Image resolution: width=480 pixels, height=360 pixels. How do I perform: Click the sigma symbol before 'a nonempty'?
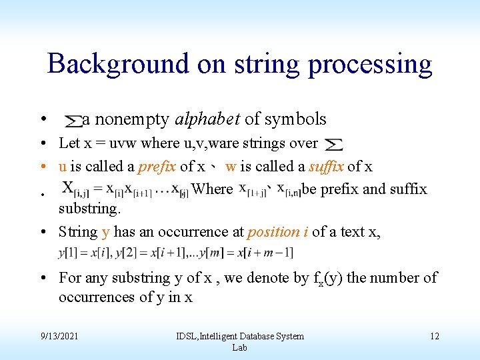[x=73, y=121]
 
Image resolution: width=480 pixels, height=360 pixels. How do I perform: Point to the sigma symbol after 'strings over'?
[x=333, y=144]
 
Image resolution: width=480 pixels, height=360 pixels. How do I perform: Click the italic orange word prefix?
[x=158, y=166]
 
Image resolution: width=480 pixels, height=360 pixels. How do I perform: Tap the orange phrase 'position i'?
[x=277, y=232]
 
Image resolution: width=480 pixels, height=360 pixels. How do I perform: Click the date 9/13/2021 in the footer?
[x=59, y=336]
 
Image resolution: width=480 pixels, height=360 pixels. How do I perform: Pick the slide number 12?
[x=434, y=336]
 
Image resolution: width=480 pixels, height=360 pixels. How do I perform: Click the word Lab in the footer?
[x=239, y=347]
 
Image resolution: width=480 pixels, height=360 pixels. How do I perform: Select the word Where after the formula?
[x=212, y=189]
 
